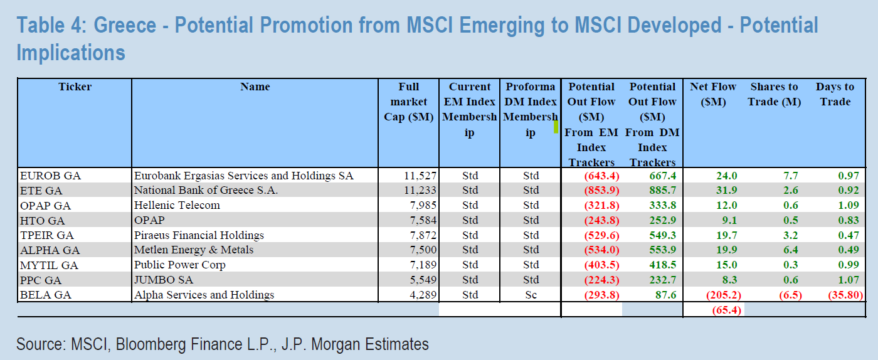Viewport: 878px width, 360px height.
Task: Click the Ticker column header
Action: click(x=75, y=87)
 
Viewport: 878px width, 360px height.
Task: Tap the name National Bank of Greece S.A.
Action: click(x=206, y=191)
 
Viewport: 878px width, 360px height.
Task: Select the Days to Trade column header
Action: click(x=835, y=94)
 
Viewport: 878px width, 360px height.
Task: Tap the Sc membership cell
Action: click(x=531, y=295)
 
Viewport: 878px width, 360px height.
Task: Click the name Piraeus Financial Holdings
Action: click(x=199, y=235)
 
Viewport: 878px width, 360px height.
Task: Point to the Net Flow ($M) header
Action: click(x=713, y=94)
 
